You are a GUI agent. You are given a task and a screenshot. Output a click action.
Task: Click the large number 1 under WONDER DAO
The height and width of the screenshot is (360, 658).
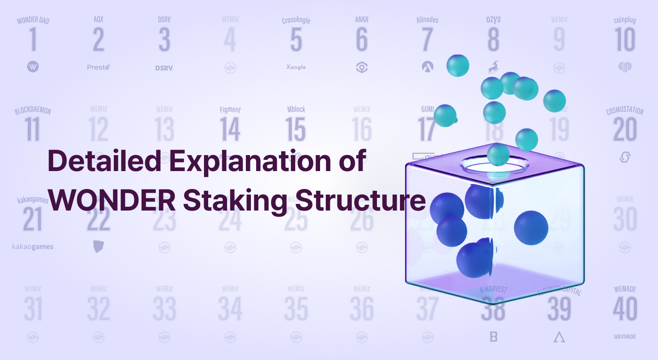(33, 40)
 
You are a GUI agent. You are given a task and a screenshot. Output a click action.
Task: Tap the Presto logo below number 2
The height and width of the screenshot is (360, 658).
(98, 67)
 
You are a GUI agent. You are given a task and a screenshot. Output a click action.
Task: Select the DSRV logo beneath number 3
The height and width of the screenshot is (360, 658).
(164, 68)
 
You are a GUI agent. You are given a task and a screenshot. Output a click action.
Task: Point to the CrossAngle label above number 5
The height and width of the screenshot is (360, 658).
(296, 20)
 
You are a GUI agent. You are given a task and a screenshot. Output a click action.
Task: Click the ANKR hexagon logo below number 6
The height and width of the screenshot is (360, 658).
(361, 67)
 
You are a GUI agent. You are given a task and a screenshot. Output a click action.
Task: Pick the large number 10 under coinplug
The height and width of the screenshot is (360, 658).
(625, 40)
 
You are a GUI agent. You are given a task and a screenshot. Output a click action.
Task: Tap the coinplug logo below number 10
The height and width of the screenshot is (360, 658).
(625, 67)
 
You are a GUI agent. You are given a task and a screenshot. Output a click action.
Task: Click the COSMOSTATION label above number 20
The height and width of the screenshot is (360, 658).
(625, 111)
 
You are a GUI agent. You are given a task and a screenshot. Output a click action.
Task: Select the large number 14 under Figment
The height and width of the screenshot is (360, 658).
(230, 130)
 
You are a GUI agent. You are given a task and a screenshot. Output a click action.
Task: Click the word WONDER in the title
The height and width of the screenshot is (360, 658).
(112, 201)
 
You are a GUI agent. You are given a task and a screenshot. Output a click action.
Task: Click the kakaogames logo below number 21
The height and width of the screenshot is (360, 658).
(33, 247)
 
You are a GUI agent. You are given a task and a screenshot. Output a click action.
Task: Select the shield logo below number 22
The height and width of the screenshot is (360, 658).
(98, 246)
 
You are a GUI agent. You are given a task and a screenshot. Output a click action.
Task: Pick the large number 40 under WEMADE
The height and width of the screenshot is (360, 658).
(625, 309)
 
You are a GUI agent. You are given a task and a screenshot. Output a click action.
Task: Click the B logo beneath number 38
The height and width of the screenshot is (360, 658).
(493, 337)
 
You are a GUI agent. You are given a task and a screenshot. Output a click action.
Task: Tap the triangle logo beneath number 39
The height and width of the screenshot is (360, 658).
(559, 337)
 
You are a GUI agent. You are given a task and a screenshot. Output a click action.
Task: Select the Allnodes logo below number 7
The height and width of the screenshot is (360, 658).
(427, 67)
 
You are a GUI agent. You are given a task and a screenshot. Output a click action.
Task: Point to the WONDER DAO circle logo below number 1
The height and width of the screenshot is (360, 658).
(33, 67)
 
